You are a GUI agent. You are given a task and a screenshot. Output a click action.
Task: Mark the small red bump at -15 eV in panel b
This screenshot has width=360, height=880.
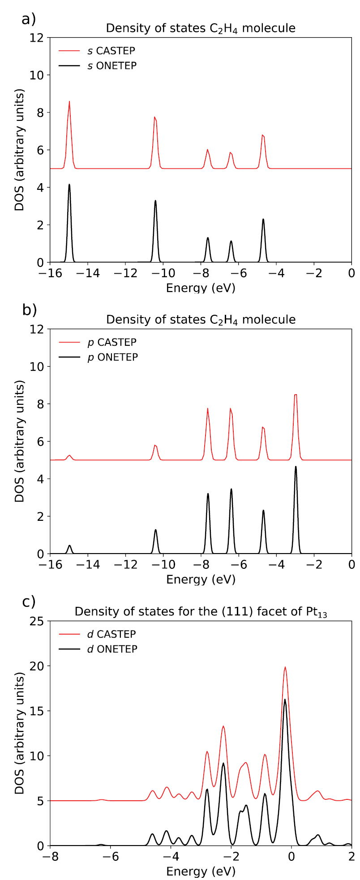[x=69, y=455]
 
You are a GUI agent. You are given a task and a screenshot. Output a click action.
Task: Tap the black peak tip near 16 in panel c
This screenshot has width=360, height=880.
[x=285, y=700]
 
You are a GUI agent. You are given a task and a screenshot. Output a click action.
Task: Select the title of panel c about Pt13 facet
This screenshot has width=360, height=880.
[x=201, y=612]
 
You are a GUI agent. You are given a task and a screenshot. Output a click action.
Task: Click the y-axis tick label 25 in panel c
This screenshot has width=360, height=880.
[x=38, y=621]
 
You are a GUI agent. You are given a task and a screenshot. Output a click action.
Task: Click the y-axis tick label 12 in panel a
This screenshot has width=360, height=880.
[x=38, y=38]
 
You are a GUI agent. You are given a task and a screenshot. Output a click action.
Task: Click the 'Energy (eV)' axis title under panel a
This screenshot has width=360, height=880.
[x=201, y=288]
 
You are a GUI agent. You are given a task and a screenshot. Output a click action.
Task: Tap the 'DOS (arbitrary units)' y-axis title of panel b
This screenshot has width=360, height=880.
[x=19, y=441]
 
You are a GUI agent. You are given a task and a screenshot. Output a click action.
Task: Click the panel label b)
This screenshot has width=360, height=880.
[x=29, y=310]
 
